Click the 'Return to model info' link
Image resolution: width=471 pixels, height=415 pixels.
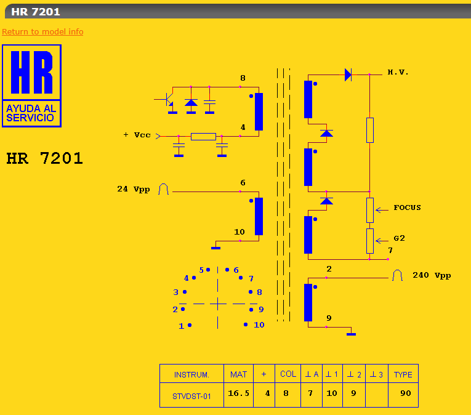42,31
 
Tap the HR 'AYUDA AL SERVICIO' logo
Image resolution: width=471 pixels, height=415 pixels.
31,86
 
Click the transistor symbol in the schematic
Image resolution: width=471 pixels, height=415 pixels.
167,100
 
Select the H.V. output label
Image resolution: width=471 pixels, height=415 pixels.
398,72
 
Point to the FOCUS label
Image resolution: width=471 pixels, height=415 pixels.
407,207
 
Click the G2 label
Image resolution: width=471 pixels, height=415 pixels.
399,238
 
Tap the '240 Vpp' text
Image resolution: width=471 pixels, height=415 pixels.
432,276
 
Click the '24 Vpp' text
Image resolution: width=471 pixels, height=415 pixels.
134,189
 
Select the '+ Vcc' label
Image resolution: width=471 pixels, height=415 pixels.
137,135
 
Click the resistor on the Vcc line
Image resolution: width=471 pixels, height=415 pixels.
203,137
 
